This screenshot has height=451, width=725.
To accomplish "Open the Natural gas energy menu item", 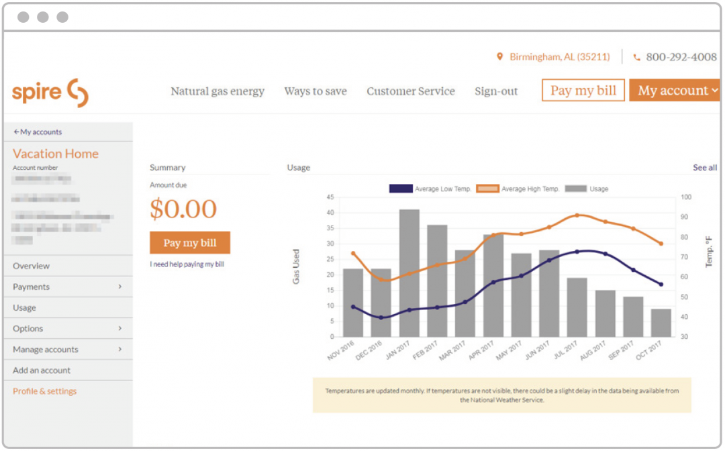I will [217, 91].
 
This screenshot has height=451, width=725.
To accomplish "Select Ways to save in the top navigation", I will [316, 91].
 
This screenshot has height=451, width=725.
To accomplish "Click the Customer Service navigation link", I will [411, 91].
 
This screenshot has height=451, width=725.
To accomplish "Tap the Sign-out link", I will [496, 91].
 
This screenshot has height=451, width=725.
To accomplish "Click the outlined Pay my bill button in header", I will [583, 91].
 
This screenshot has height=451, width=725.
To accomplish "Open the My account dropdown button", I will [675, 91].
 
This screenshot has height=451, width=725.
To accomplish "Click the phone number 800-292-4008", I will [681, 57].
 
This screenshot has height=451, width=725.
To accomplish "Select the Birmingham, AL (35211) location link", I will [559, 57].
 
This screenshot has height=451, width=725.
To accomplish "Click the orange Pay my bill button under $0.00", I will [190, 243].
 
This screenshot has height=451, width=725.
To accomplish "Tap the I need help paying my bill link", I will [187, 264].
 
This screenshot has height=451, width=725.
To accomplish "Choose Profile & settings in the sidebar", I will [45, 391].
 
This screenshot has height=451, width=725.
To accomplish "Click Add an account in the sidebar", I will [42, 370].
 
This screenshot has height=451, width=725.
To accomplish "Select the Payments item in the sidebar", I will [32, 287].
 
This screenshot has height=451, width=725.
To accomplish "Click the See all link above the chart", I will [705, 168].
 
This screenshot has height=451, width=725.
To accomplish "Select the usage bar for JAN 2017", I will [409, 273].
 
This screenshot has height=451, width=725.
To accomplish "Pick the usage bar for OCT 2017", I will [661, 323].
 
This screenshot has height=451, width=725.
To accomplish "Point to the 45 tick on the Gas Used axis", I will [330, 197].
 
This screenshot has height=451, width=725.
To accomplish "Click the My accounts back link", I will [38, 132].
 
